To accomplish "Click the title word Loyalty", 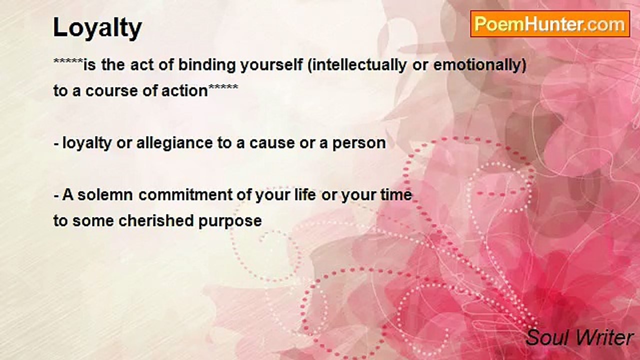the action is point(97,28).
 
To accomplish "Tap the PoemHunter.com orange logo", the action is point(550,24).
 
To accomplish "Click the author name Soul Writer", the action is point(579,337).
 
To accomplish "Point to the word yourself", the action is point(271,65).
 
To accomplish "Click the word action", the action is point(184,91).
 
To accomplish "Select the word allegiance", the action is point(174,143).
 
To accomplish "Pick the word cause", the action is point(272,143).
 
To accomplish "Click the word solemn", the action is point(105,195).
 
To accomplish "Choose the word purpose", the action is point(230,221).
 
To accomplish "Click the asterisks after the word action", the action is point(223,86).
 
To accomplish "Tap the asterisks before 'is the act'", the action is point(68,60).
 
